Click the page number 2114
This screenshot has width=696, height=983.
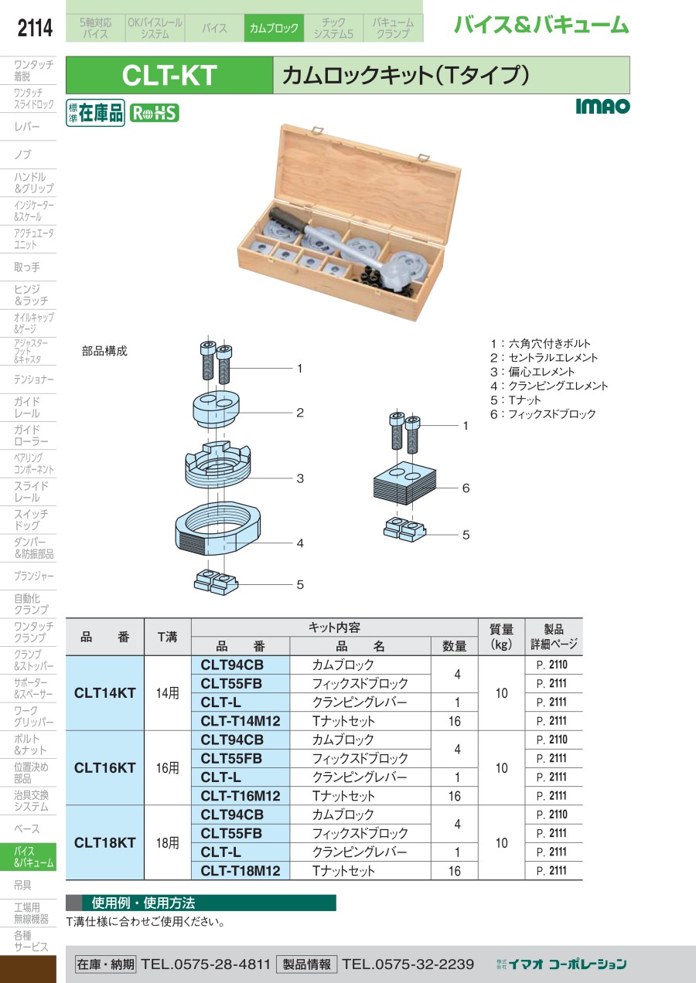pos(35,29)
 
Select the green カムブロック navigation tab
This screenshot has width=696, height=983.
pos(274,29)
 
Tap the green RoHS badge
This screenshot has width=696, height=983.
pos(154,113)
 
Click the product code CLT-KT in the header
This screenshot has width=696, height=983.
pos(169,76)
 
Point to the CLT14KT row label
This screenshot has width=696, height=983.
pos(105,693)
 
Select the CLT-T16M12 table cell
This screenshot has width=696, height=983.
pos(240,796)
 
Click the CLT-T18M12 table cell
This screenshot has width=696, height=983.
pos(240,871)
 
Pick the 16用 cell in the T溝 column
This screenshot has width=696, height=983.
pos(167,768)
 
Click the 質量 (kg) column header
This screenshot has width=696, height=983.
pos(501,637)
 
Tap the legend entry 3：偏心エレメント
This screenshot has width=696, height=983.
pos(532,372)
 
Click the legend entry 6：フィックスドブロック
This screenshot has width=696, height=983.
pos(543,414)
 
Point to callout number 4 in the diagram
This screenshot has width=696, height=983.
pos(300,543)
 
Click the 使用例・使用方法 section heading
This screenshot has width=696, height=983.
pos(143,903)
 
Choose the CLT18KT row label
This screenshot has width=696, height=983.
pos(105,843)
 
